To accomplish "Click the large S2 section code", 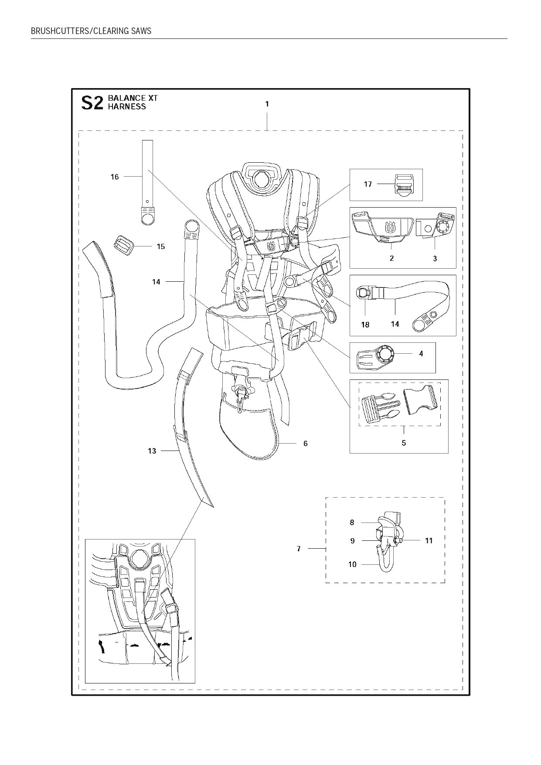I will tap(92, 103).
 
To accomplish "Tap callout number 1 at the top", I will tap(267, 104).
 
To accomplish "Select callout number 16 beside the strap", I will tap(115, 177).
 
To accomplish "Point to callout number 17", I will tap(368, 184).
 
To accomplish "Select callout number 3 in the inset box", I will tap(435, 259).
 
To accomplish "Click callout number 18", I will tap(365, 324).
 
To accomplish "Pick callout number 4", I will tap(421, 354).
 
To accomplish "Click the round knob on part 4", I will tap(385, 354).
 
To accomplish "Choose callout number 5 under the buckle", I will tap(404, 443).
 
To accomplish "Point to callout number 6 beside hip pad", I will tap(306, 444).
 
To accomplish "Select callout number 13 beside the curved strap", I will tap(152, 451).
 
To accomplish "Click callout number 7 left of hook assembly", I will tap(299, 549).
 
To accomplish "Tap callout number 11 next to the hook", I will tap(429, 541).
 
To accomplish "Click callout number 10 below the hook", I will tap(352, 564).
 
